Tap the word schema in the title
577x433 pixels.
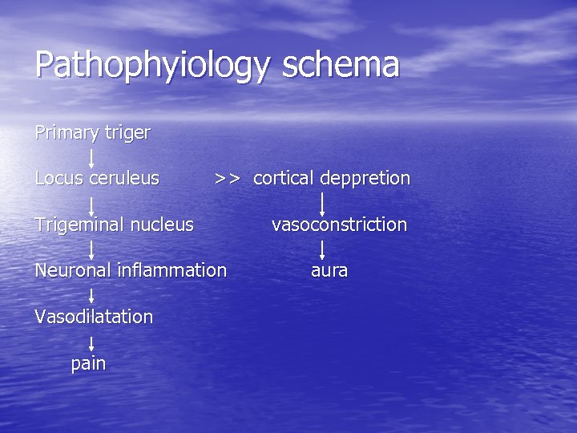(x=340, y=64)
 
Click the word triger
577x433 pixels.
(x=127, y=133)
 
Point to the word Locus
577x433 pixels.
(x=59, y=178)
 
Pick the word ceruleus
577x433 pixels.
(x=124, y=178)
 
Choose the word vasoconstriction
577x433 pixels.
(x=339, y=225)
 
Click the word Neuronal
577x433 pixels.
(x=73, y=270)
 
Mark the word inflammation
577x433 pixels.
(x=172, y=270)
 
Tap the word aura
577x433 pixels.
(x=329, y=271)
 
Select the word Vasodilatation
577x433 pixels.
(x=94, y=317)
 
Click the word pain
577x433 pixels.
(x=88, y=363)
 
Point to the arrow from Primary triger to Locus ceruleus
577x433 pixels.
(x=91, y=156)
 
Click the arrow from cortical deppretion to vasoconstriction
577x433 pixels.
(x=322, y=202)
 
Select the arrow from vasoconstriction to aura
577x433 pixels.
(x=322, y=248)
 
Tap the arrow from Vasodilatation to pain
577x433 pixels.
(x=91, y=341)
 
